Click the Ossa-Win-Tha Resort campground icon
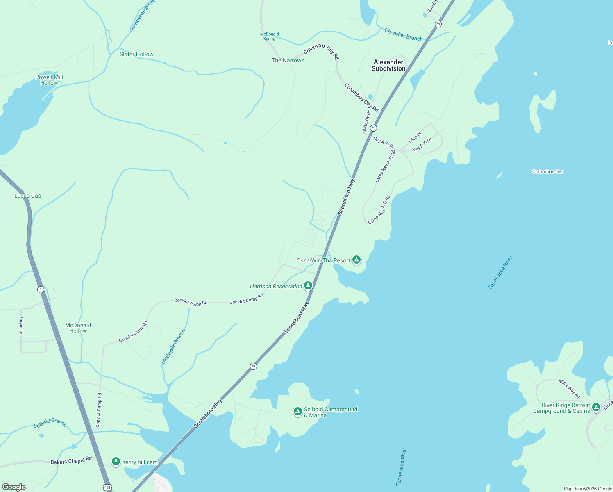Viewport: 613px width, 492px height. click(x=356, y=260)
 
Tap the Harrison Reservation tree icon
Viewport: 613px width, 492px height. click(x=308, y=285)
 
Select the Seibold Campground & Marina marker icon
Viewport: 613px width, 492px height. click(x=298, y=411)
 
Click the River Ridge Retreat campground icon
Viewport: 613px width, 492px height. click(x=596, y=407)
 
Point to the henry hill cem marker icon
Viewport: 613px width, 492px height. click(x=116, y=461)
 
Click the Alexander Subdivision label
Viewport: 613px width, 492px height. click(x=388, y=65)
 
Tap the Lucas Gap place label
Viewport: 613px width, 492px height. click(x=28, y=196)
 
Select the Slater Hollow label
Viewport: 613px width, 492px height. click(x=136, y=54)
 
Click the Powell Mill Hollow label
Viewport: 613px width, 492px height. click(x=49, y=80)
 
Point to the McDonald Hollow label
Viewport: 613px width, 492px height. click(x=78, y=328)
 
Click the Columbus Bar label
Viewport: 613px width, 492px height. click(x=547, y=171)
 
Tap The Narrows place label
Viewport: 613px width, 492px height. click(x=288, y=60)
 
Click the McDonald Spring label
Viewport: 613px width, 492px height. click(x=270, y=36)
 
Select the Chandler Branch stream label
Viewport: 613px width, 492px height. click(x=403, y=34)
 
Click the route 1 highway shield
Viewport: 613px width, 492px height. click(x=41, y=289)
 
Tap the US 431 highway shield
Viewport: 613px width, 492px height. click(x=107, y=487)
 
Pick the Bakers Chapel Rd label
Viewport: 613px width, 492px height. click(x=71, y=461)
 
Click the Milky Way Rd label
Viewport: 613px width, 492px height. click(x=569, y=389)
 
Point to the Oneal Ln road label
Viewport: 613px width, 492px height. click(x=21, y=326)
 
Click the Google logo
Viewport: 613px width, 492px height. click(x=14, y=487)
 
